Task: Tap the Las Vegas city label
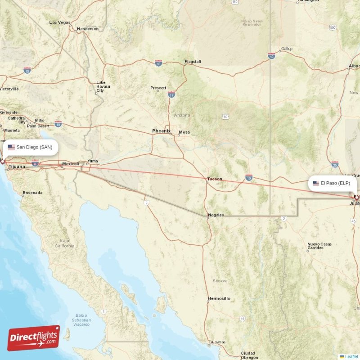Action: click(59, 22)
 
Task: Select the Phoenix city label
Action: click(161, 131)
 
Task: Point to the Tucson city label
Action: click(214, 179)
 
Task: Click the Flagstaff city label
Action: click(193, 62)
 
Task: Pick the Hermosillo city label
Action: click(219, 298)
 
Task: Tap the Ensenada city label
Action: click(32, 193)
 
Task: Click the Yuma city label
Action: click(92, 161)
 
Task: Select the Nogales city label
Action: click(216, 215)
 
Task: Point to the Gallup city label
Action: click(286, 49)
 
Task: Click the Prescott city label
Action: click(158, 88)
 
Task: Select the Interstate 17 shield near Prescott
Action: click(171, 94)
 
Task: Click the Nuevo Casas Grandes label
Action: click(319, 246)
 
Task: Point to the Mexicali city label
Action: click(71, 164)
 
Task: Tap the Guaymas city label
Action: click(217, 342)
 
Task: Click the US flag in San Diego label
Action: click(11, 147)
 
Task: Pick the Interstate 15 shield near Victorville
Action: click(27, 71)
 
